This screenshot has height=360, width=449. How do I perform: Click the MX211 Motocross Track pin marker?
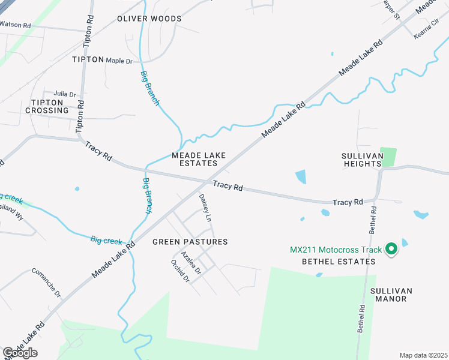point(391,248)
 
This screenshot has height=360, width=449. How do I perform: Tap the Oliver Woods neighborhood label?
point(149,19)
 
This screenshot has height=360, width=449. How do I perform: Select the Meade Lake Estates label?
point(199,159)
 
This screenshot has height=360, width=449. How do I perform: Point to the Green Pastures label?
point(190,242)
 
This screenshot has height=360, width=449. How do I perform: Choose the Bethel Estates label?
point(339,262)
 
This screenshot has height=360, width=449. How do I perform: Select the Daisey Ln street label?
point(205,207)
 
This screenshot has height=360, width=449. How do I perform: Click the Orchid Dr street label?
point(180,271)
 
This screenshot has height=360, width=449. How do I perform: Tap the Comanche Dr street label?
point(46,283)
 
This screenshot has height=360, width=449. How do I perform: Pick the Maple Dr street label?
point(119,61)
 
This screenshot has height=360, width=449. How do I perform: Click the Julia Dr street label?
point(65,94)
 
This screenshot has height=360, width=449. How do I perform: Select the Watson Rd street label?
point(15,25)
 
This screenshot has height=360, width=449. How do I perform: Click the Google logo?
point(20,353)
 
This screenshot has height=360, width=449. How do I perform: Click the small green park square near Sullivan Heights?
point(388,157)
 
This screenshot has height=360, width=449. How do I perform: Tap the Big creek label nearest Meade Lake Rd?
point(106,240)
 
